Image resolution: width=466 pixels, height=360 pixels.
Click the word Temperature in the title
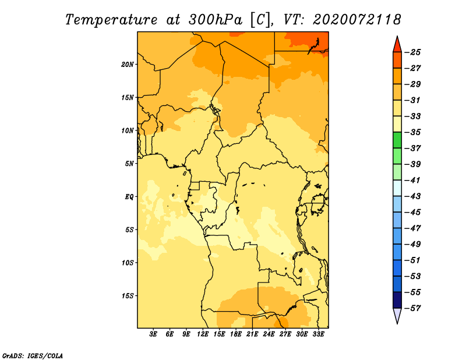click(x=111, y=20)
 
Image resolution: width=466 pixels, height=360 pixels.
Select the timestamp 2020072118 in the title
click(x=357, y=20)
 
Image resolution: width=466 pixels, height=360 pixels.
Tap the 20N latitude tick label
click(x=128, y=65)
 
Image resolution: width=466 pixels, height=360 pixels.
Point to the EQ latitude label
click(x=129, y=197)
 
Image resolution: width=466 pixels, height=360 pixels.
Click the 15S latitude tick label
click(x=128, y=296)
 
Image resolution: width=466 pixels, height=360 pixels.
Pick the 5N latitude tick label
click(x=129, y=164)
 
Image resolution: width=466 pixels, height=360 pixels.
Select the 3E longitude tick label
click(x=153, y=334)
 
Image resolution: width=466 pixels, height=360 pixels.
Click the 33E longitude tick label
click(x=318, y=334)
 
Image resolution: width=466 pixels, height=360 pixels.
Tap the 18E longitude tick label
click(x=236, y=334)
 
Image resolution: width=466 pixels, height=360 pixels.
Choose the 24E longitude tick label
click(x=269, y=334)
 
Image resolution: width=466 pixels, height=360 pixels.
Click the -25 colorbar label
click(x=412, y=52)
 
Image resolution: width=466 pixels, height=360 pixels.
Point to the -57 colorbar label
click(x=412, y=308)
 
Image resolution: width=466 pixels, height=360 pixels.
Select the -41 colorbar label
click(x=412, y=181)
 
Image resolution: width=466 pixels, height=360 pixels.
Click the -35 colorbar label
click(x=412, y=132)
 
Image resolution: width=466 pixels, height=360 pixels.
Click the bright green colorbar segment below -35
click(x=397, y=140)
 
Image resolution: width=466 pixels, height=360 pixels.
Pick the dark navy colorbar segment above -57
click(x=397, y=300)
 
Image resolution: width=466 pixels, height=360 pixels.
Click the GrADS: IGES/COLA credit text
click(x=33, y=356)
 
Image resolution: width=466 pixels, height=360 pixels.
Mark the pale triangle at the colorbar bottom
click(x=397, y=315)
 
